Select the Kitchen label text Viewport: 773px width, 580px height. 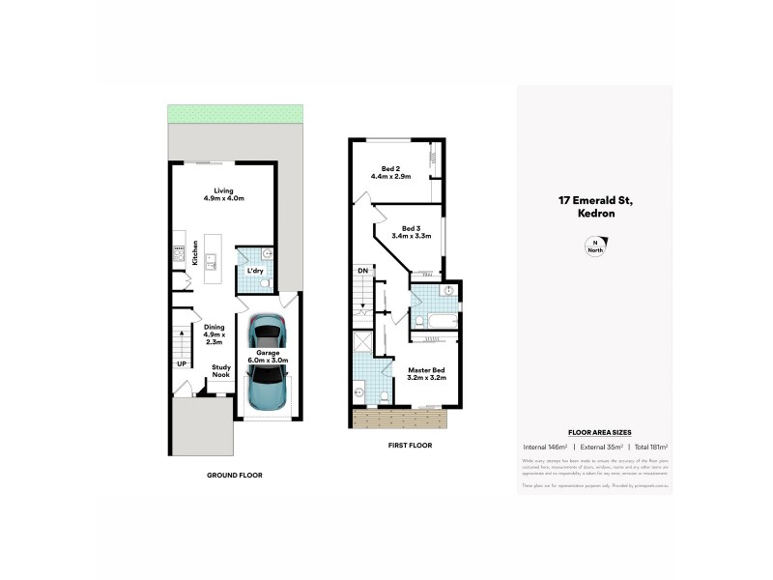194,252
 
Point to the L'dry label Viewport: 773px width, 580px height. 256,271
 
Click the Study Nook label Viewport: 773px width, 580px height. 221,371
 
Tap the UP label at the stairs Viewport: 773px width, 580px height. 181,363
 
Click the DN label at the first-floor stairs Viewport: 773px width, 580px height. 361,271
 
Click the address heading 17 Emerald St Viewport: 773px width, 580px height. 594,201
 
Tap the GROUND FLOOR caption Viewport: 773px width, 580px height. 235,475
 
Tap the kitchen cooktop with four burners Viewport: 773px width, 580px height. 178,254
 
